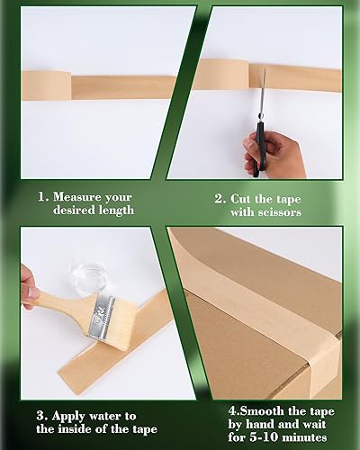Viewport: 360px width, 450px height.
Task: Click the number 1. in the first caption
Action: [x=42, y=196]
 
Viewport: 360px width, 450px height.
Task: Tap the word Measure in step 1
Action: [x=82, y=196]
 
